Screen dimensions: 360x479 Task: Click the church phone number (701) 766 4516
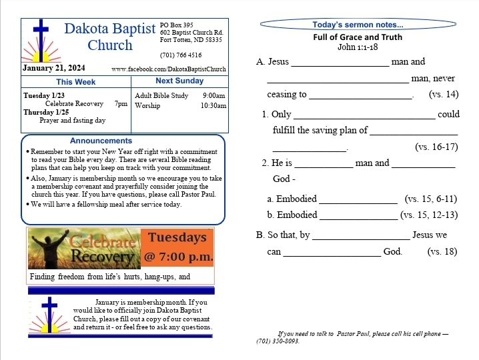pyautogui.click(x=181, y=55)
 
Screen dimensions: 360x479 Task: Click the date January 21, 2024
pyautogui.click(x=54, y=68)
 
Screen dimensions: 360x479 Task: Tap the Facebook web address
pyautogui.click(x=169, y=69)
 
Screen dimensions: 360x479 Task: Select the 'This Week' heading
pyautogui.click(x=75, y=81)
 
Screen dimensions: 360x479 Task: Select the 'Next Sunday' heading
pyautogui.click(x=179, y=81)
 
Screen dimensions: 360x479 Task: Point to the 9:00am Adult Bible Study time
pyautogui.click(x=214, y=95)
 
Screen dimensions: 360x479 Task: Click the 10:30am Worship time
pyautogui.click(x=213, y=105)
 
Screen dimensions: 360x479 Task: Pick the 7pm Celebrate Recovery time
pyautogui.click(x=121, y=104)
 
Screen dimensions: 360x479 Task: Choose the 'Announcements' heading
pyautogui.click(x=101, y=141)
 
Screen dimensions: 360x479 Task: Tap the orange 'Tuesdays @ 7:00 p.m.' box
pyautogui.click(x=177, y=247)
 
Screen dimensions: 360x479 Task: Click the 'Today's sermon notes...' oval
pyautogui.click(x=358, y=25)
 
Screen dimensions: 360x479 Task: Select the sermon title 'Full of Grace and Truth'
pyautogui.click(x=358, y=37)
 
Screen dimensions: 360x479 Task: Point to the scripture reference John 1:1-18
pyautogui.click(x=358, y=47)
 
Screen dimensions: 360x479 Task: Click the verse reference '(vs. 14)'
pyautogui.click(x=444, y=95)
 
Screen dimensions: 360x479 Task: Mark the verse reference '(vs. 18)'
pyautogui.click(x=442, y=251)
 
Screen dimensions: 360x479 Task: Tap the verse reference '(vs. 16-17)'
pyautogui.click(x=436, y=147)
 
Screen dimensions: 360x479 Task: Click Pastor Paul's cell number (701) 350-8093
pyautogui.click(x=278, y=341)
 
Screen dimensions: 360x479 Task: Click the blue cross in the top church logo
pyautogui.click(x=41, y=37)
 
